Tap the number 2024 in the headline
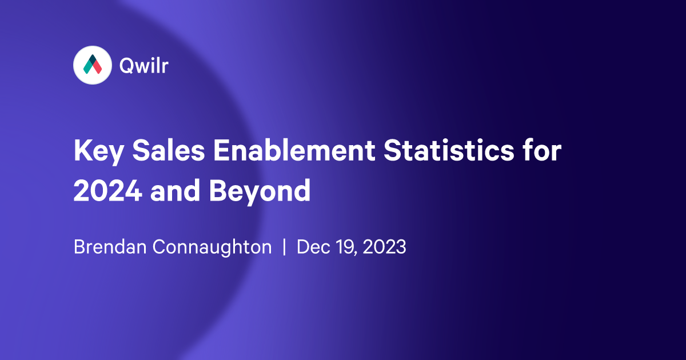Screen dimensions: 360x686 coord(108,191)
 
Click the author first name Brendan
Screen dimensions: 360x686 coord(107,247)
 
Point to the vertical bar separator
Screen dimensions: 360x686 coord(284,248)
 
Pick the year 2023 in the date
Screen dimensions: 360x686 coord(385,247)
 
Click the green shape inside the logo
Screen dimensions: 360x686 coord(88,67)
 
